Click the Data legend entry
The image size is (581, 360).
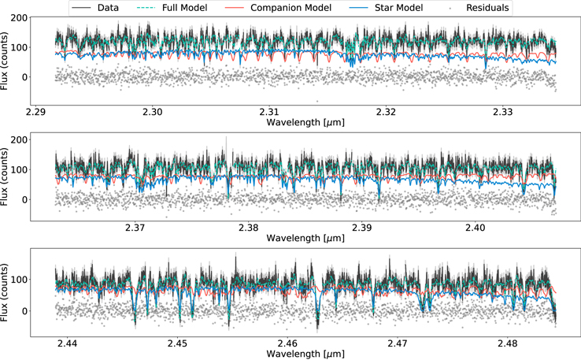pyautogui.click(x=95, y=8)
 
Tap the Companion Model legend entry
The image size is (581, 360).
pyautogui.click(x=278, y=8)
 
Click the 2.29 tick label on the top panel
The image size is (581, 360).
pyautogui.click(x=35, y=112)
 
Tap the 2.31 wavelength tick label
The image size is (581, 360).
pyautogui.click(x=269, y=112)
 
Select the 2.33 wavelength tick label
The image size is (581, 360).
pyautogui.click(x=503, y=112)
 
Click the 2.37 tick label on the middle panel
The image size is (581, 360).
pyautogui.click(x=135, y=228)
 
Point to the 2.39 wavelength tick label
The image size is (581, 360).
pyautogui.click(x=361, y=228)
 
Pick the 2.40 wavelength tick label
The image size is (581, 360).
pyautogui.click(x=475, y=228)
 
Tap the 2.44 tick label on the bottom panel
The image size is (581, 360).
pyautogui.click(x=68, y=343)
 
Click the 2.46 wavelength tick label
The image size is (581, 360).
pyautogui.click(x=288, y=343)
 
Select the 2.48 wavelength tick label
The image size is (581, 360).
pyautogui.click(x=508, y=343)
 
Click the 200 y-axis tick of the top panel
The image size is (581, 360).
pyautogui.click(x=19, y=18)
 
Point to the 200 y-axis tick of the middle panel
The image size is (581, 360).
pyautogui.click(x=19, y=139)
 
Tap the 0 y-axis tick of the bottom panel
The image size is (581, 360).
pyautogui.click(x=24, y=311)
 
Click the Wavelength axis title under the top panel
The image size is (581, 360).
pyautogui.click(x=305, y=122)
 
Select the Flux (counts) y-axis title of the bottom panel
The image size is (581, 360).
pyautogui.click(x=5, y=293)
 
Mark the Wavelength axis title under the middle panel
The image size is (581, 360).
pyautogui.click(x=305, y=238)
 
